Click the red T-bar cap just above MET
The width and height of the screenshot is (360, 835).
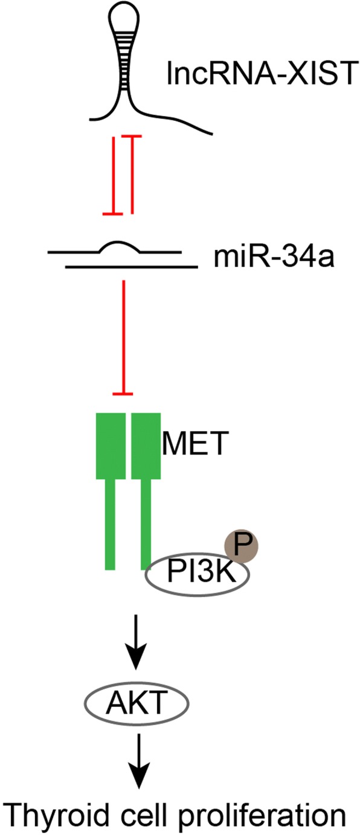(124, 394)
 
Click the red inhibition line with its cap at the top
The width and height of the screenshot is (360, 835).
(132, 175)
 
